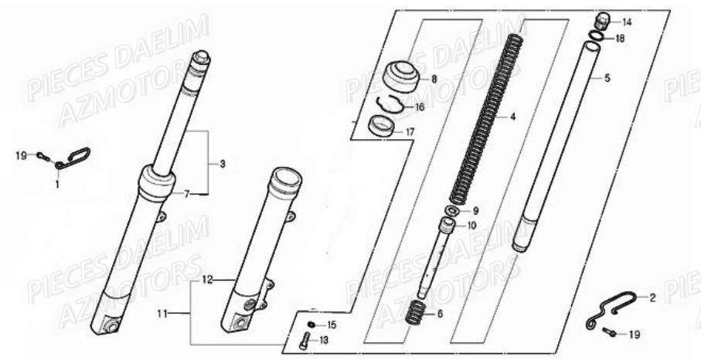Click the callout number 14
tap(627, 22)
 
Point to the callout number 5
tap(607, 78)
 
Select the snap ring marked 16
tap(390, 104)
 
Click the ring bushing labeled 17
tap(381, 127)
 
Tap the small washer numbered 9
tap(452, 210)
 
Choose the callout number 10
tap(471, 226)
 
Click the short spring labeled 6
tap(415, 313)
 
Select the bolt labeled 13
tap(305, 341)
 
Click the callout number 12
tap(207, 280)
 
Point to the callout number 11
tap(162, 314)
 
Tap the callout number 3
tap(222, 164)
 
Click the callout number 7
tap(187, 194)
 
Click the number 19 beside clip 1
tap(21, 156)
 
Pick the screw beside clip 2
tap(608, 332)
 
